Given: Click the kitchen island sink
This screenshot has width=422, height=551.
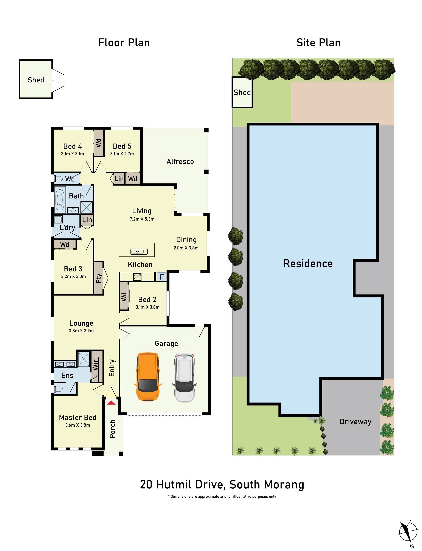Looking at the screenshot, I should click(x=139, y=251).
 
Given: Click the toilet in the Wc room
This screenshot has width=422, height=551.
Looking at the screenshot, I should click(x=59, y=179).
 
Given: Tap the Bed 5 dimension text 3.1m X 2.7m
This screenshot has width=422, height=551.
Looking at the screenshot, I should click(x=122, y=154).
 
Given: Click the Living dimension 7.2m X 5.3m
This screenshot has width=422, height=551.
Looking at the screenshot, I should click(x=142, y=219).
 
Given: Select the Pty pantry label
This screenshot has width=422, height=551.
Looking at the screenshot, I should click(x=99, y=278).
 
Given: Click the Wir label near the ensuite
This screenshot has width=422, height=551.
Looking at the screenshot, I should click(x=95, y=364).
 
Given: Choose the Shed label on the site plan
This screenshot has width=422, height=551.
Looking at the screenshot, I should click(x=242, y=92).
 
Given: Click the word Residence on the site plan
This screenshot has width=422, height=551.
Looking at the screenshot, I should click(x=308, y=264).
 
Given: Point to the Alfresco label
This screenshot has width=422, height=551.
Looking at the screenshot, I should click(x=180, y=161).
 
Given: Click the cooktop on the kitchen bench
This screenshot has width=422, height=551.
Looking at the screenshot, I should click(x=137, y=277).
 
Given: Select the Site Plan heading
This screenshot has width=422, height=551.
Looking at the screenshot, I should click(x=318, y=43).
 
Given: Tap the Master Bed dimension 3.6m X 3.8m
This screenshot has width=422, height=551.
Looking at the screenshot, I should click(x=78, y=425).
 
